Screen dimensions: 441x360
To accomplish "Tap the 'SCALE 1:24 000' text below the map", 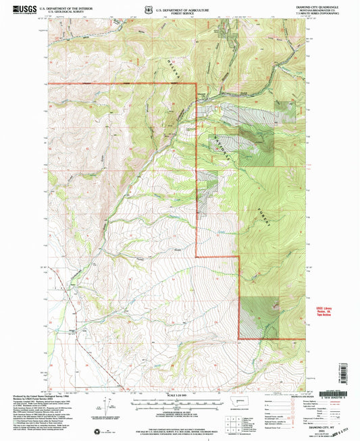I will click(178, 396).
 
